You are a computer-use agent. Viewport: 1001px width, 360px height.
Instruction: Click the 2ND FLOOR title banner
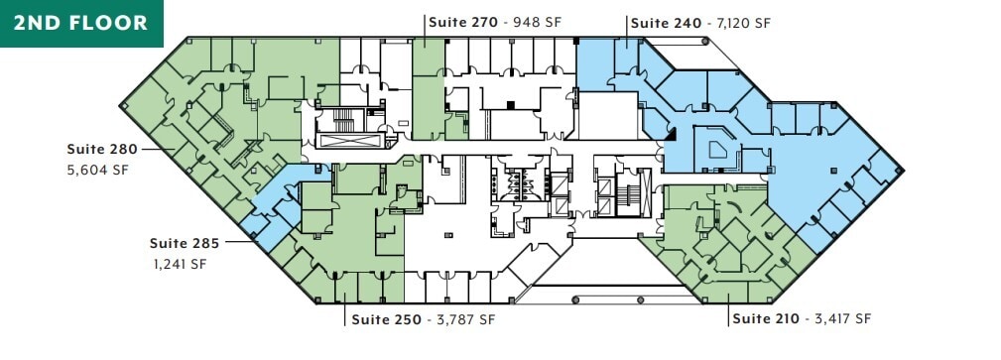[81, 23]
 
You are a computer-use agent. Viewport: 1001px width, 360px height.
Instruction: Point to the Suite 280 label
[102, 149]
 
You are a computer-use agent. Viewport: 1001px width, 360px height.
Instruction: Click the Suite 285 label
[185, 242]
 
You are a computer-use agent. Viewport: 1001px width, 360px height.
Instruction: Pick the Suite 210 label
[764, 319]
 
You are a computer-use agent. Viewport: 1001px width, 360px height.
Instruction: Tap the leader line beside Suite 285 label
[241, 242]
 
